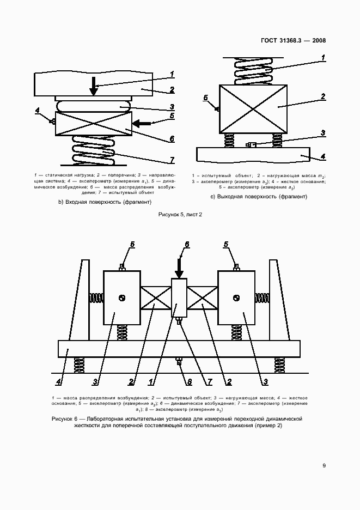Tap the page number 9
(324, 465)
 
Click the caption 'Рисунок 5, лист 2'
(180, 215)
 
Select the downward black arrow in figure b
(94, 86)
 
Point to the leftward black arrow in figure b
(143, 124)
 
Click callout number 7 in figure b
(172, 160)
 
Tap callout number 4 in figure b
(38, 111)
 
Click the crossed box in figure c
(253, 108)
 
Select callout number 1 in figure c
(323, 57)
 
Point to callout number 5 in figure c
(206, 98)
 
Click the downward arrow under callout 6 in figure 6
(179, 266)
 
